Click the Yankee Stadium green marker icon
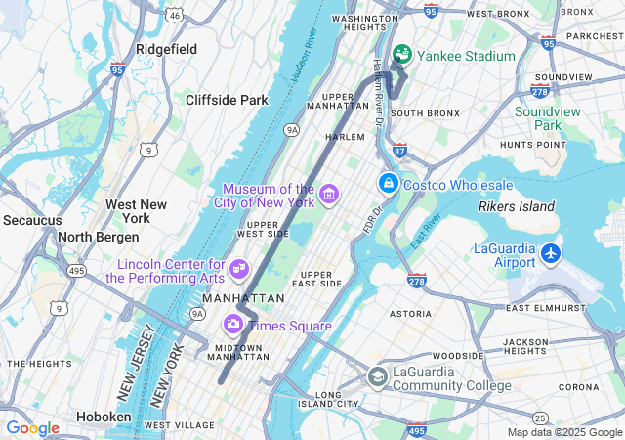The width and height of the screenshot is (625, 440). coord(401,55)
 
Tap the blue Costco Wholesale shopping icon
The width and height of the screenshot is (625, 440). coord(388,184)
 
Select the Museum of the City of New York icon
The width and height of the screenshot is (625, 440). coord(328,195)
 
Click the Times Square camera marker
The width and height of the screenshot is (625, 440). coord(233,324)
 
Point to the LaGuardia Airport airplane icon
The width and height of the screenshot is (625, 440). coord(551,253)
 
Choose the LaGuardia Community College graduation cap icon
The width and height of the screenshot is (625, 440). coord(377,377)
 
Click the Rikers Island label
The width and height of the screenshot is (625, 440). coord(517,206)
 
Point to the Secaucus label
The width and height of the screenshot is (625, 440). coord(32,220)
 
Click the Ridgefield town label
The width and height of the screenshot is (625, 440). coord(166,49)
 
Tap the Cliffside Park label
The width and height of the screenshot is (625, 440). coord(227,100)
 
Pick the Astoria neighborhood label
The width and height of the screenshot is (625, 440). coord(410,314)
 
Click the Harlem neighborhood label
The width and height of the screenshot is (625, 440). coord(344,137)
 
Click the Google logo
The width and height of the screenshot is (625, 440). coord(32,428)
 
